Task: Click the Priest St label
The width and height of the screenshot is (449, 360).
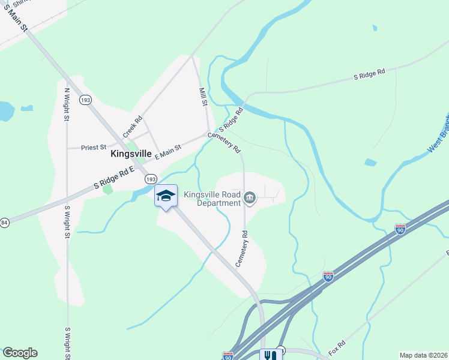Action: [94, 146]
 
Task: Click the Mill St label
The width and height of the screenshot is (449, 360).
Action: [203, 95]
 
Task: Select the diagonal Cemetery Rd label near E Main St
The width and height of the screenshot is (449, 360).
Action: [224, 142]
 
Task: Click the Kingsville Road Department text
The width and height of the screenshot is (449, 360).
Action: [212, 199]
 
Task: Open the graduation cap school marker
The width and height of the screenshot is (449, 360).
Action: [166, 196]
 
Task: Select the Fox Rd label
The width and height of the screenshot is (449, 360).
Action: [338, 347]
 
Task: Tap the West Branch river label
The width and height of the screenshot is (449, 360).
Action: [438, 137]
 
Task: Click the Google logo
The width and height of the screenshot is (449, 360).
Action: [20, 353]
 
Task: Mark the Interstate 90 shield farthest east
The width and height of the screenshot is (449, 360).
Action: [400, 229]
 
